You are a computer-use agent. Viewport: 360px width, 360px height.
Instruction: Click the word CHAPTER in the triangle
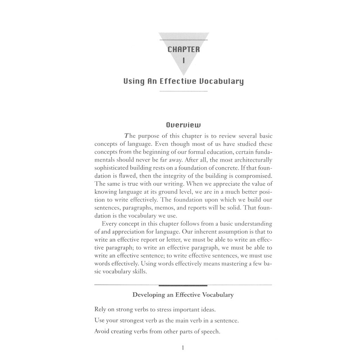(x=184, y=50)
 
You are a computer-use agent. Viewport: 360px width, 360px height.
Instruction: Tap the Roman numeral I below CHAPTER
(x=184, y=60)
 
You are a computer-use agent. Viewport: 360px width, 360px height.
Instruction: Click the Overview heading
(x=183, y=125)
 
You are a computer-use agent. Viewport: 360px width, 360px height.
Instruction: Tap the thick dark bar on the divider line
(x=183, y=285)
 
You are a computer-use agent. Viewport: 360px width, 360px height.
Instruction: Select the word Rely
(x=101, y=310)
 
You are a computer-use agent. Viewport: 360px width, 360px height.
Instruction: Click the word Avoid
(x=102, y=332)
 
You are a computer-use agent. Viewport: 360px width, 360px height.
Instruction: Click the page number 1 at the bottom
(x=183, y=348)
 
